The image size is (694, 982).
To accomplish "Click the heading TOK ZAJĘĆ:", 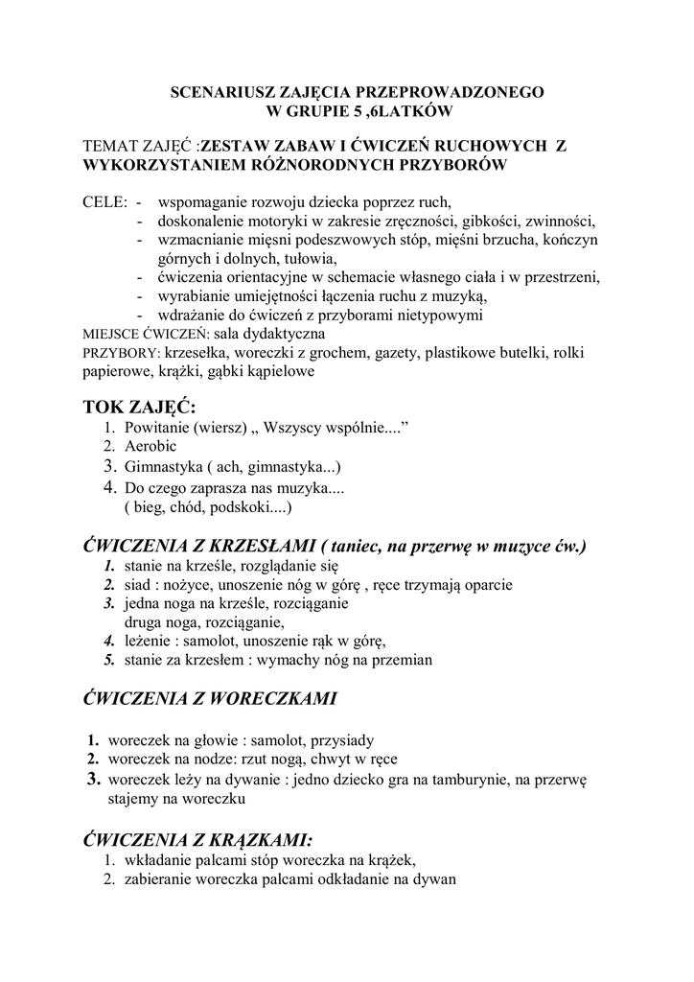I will pyautogui.click(x=139, y=408).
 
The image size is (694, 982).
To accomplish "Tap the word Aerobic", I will pyautogui.click(x=150, y=446).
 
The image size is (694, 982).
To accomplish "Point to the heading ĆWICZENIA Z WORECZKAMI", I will pyautogui.click(x=210, y=699).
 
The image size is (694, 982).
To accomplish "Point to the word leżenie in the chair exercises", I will pyautogui.click(x=150, y=641).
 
